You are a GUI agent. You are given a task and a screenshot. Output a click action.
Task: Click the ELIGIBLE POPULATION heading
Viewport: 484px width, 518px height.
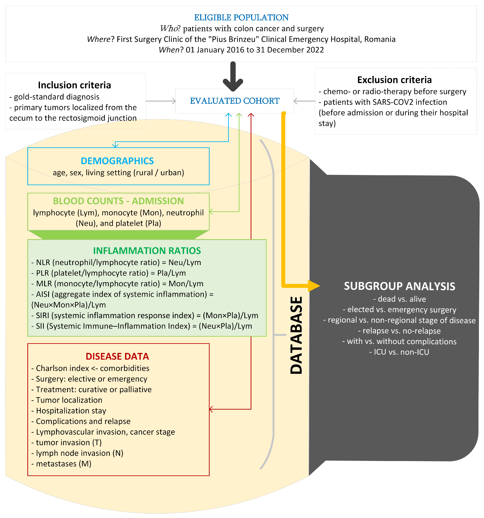[x=241, y=17]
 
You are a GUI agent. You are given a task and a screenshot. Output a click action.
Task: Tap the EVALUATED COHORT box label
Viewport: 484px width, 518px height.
[x=234, y=101]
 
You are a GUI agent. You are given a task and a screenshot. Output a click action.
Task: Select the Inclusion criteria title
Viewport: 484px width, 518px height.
[x=74, y=85]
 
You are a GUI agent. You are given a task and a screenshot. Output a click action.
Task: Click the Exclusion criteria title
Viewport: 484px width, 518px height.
[x=394, y=80]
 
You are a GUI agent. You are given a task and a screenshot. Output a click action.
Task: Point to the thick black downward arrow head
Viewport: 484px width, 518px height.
[x=233, y=85]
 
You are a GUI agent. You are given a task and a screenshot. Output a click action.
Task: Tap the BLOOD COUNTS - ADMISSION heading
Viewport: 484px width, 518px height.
[x=118, y=201]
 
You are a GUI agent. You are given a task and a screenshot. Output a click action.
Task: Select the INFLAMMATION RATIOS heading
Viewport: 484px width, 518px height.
[x=147, y=251]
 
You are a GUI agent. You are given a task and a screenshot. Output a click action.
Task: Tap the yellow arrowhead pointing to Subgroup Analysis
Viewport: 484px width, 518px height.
[x=314, y=286]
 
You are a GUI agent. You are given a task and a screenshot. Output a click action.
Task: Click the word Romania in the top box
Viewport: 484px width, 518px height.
[x=380, y=39]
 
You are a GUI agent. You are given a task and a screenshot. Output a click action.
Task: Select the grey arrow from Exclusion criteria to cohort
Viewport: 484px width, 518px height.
[x=304, y=101]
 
